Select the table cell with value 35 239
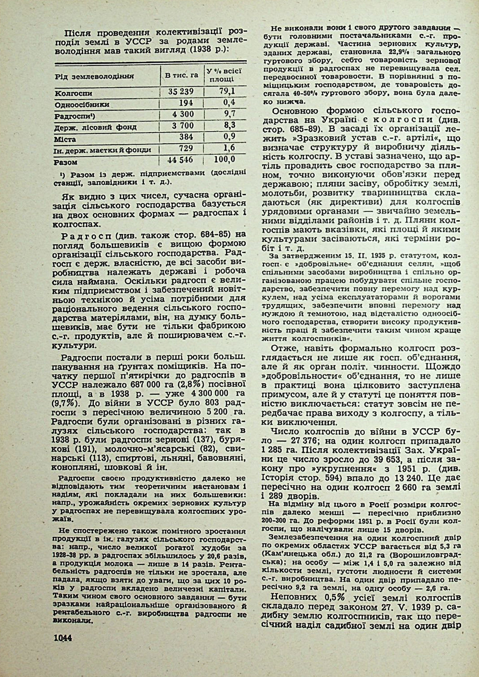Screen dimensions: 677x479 point(181,91)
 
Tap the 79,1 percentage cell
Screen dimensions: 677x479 point(227,91)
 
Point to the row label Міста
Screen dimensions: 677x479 point(65,139)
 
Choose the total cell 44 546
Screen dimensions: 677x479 point(180,160)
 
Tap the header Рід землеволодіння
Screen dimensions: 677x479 point(94,76)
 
